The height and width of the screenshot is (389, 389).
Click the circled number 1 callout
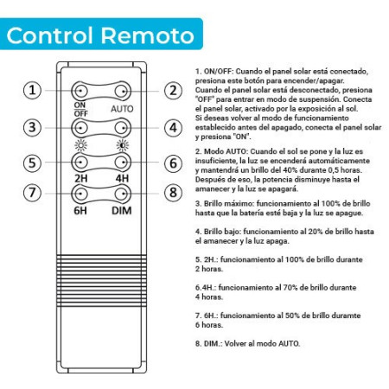tap(32, 91)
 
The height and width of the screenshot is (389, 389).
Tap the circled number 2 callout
tap(173, 91)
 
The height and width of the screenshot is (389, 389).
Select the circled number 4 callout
tap(173, 128)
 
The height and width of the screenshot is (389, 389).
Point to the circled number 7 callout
tap(32, 193)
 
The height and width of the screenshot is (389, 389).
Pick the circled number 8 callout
tap(173, 193)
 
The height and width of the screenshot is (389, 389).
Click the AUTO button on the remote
tap(123, 91)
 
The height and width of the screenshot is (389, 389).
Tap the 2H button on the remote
tap(80, 163)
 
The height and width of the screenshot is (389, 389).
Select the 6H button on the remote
tap(80, 194)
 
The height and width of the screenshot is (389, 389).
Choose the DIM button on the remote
tap(123, 194)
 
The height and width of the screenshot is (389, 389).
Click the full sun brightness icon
tap(80, 145)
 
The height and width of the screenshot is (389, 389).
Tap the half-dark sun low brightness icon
tap(123, 145)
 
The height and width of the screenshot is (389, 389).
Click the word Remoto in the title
tap(148, 35)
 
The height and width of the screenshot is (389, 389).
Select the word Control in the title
tap(49, 35)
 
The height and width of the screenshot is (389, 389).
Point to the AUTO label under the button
tap(122, 109)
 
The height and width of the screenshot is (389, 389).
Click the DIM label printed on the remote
tap(122, 211)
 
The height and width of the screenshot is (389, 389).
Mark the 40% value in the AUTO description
tap(277, 170)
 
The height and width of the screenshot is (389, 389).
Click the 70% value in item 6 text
tap(291, 287)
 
